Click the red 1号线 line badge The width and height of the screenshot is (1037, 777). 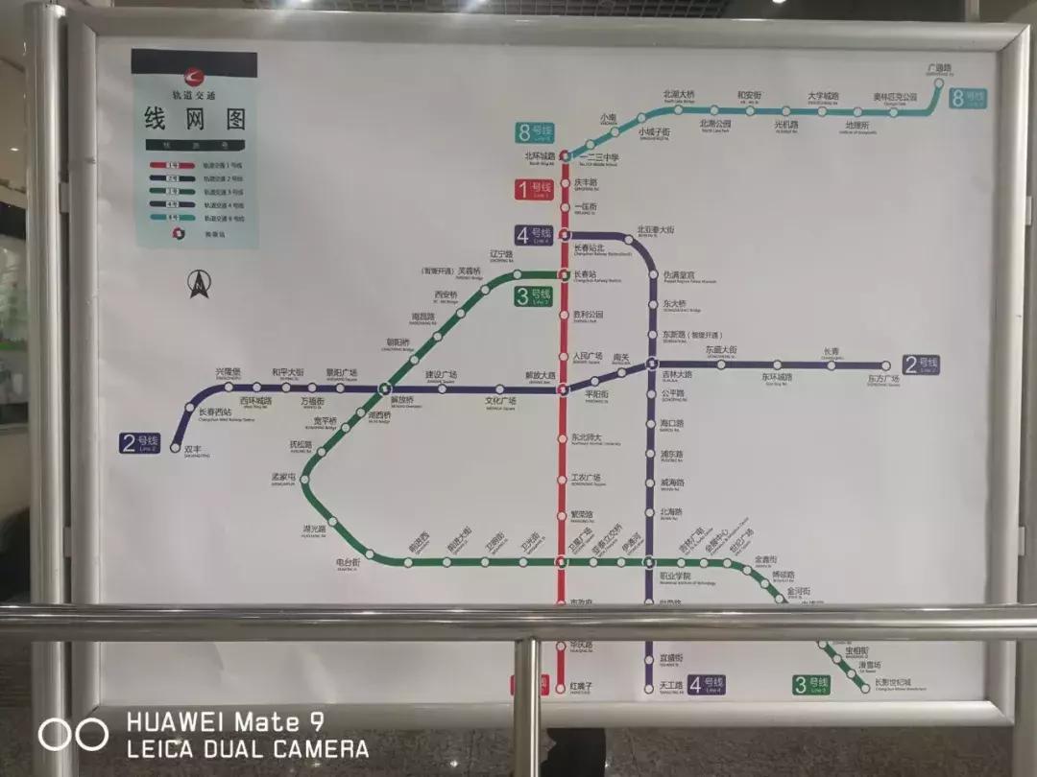pos(534,190)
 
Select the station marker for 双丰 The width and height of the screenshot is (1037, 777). pos(176,447)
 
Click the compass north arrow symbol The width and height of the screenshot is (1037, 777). pos(199,283)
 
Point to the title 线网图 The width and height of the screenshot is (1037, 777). pos(195,120)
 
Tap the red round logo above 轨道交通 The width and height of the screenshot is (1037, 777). pos(195,76)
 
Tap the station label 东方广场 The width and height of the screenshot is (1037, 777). pos(882,380)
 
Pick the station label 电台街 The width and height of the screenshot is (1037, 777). pos(347,562)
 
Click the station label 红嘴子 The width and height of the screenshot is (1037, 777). pos(582,686)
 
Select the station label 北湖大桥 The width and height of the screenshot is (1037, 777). pos(678,94)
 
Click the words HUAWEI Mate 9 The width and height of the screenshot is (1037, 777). pos(225,720)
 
